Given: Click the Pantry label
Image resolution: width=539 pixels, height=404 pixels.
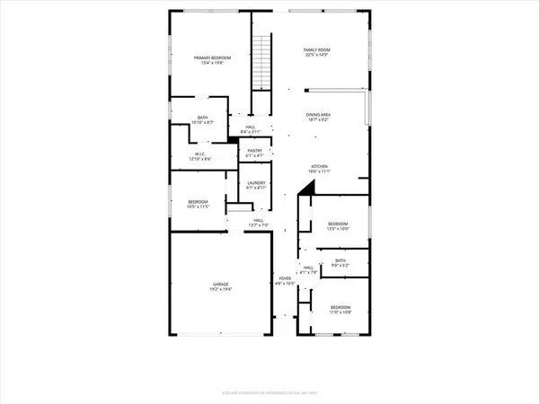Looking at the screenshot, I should [255, 151].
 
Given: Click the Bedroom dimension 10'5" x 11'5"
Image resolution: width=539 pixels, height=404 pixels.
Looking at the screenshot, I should [199, 206].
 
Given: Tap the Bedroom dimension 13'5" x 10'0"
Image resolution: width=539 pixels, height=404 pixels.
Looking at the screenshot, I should [337, 228].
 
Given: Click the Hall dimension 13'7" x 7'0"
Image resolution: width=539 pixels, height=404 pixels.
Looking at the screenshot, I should [257, 224].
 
